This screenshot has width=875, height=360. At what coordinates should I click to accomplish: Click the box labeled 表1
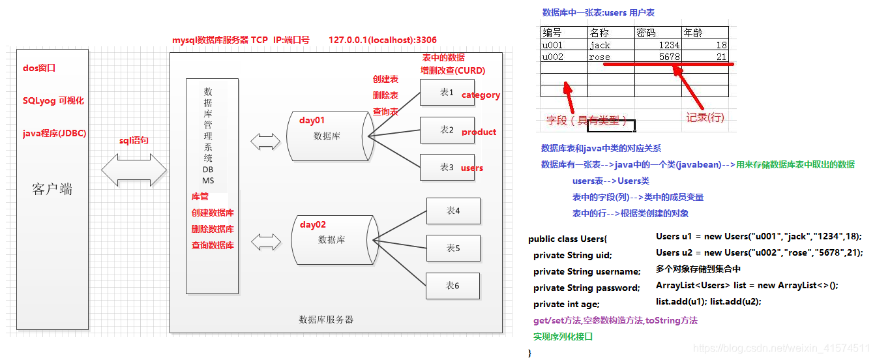(447, 93)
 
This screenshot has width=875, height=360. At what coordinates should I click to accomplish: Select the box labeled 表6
(453, 286)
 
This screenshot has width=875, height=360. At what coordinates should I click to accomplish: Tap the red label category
(481, 95)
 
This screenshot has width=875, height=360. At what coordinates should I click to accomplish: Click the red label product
(479, 132)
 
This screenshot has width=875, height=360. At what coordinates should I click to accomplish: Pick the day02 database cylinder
(332, 239)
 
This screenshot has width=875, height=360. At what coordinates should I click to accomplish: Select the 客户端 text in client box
(52, 190)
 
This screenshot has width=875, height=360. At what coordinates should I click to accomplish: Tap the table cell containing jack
(610, 45)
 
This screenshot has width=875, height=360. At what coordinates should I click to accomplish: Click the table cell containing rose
(610, 57)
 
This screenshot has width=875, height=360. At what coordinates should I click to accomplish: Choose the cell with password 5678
(658, 57)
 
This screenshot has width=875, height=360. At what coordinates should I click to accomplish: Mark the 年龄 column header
(705, 33)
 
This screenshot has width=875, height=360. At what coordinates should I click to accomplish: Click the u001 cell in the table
(563, 45)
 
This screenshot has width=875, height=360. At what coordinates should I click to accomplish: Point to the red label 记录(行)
(705, 117)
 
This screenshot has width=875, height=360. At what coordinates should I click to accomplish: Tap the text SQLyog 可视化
(53, 101)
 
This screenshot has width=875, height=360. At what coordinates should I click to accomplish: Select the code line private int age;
(566, 305)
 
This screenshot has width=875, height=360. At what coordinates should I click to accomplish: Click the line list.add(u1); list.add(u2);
(708, 301)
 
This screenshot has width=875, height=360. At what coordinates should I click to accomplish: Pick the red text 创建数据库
(213, 213)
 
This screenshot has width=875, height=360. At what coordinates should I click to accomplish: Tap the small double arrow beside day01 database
(265, 140)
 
